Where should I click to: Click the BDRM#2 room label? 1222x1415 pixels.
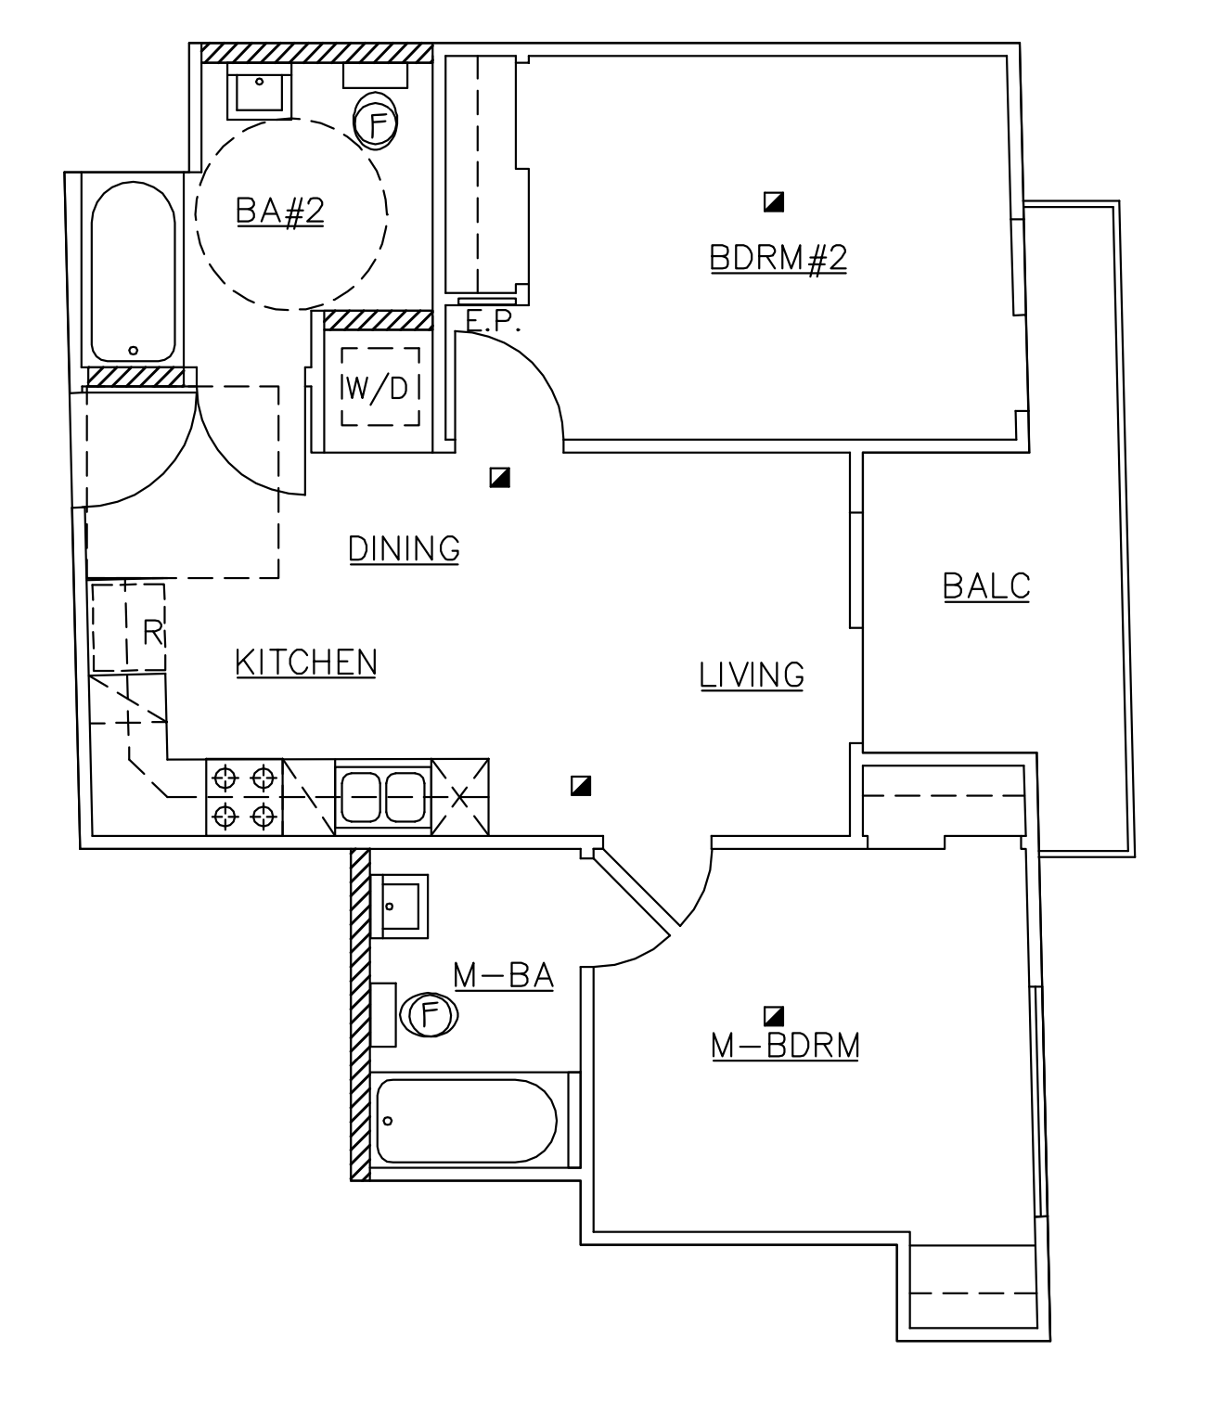(778, 257)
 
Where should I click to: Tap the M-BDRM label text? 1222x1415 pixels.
(785, 1045)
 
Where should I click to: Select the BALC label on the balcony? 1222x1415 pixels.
(985, 586)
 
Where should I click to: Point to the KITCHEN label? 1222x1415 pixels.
(306, 662)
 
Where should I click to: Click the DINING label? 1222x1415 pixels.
(404, 548)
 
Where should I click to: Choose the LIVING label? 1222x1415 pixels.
(752, 675)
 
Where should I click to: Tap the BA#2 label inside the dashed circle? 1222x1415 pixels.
(279, 211)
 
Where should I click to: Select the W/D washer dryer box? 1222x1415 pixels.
(379, 387)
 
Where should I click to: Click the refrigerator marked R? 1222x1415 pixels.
(129, 628)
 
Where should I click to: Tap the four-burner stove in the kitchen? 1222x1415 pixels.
(244, 796)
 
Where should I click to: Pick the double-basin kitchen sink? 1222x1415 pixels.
(383, 796)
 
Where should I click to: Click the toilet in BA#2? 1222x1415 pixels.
(376, 119)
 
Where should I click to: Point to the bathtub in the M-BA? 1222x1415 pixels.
(467, 1120)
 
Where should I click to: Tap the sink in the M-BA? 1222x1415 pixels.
(400, 905)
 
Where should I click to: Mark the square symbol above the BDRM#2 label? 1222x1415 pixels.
(774, 201)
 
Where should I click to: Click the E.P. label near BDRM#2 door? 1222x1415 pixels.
(494, 321)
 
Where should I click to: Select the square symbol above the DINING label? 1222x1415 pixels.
(500, 478)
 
